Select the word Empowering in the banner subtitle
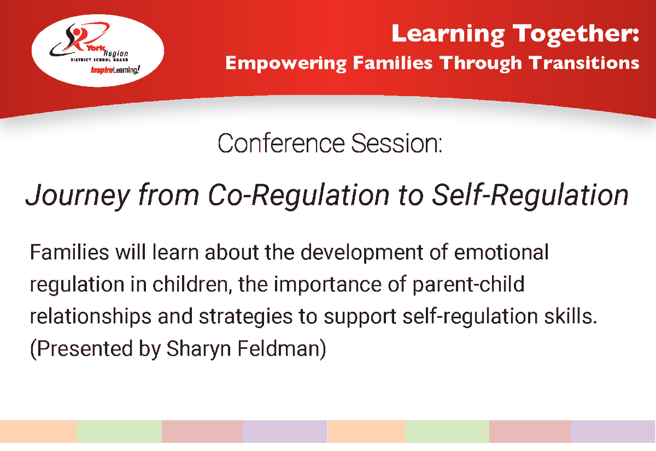click(x=285, y=63)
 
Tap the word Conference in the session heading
click(x=281, y=144)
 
